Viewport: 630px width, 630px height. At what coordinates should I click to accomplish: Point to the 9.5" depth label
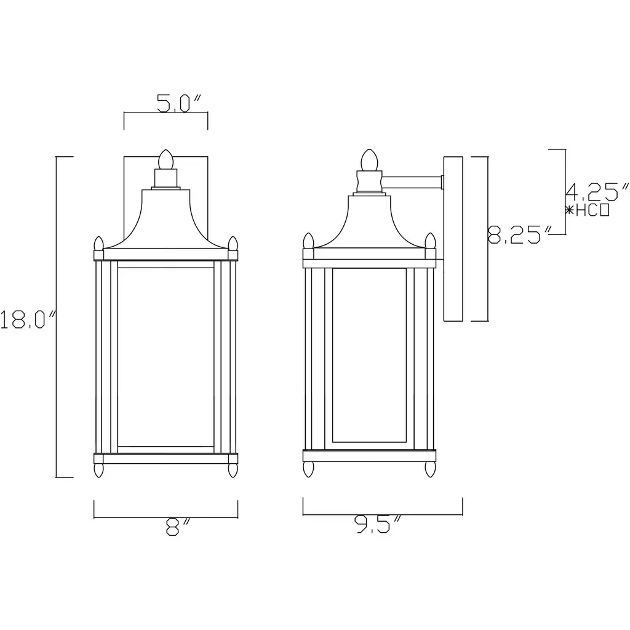(378, 524)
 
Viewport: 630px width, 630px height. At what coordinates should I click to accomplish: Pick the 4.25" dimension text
(597, 192)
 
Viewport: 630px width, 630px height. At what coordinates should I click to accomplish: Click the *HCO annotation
(588, 210)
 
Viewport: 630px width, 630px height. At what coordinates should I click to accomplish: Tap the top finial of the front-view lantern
(165, 159)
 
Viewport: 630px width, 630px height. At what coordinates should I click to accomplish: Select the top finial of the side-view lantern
(370, 159)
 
